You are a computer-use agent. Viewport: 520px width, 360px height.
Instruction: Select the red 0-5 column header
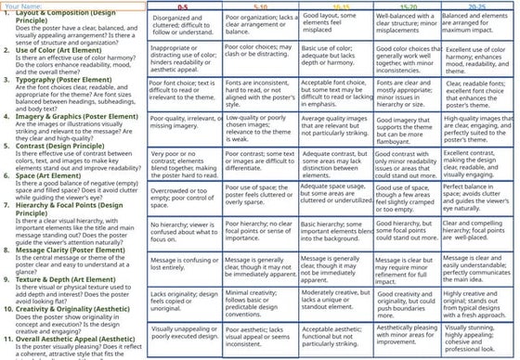[x=183, y=6]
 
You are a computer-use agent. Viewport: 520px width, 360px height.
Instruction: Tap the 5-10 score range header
[x=261, y=6]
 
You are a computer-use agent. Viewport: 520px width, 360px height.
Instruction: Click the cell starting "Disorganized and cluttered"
[x=183, y=22]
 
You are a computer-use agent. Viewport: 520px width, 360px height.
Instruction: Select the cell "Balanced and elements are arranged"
[x=477, y=22]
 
